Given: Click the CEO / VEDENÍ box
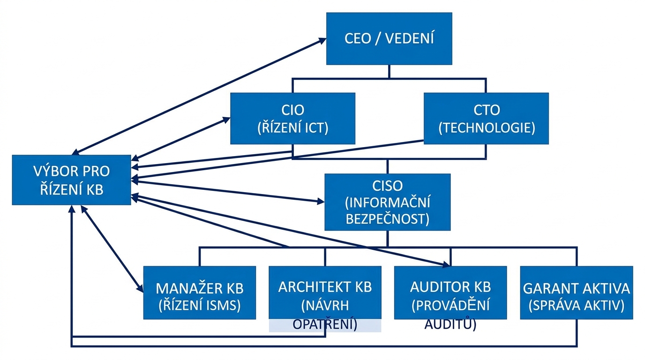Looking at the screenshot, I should click(x=389, y=38).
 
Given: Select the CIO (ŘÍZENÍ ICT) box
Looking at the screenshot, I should click(x=292, y=118).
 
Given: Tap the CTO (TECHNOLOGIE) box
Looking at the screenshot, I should click(x=486, y=118).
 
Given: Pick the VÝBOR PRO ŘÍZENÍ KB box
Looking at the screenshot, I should click(x=71, y=180).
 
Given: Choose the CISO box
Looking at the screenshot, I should click(x=387, y=202).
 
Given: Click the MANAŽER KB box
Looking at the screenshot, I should click(x=199, y=293).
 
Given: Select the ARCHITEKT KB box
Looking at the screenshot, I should click(x=325, y=293).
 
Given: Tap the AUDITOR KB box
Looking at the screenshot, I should click(x=450, y=293).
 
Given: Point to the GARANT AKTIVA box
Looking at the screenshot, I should click(x=576, y=293).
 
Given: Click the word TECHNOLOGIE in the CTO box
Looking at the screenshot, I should click(x=487, y=128).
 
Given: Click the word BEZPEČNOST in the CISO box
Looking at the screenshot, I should click(x=387, y=218).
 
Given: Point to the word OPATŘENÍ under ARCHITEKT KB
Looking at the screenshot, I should click(x=324, y=324).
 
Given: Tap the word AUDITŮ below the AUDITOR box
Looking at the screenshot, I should click(x=450, y=324).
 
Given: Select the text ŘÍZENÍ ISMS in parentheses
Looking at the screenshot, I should click(x=200, y=305).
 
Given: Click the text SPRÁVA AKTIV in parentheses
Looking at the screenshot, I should click(x=576, y=305).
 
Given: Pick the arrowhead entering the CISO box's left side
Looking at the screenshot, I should click(x=321, y=202).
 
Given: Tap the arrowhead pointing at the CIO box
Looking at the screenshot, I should click(x=226, y=119).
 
